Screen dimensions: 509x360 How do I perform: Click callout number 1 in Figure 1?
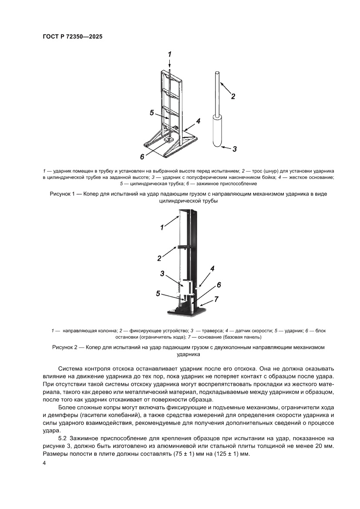[x=170, y=54]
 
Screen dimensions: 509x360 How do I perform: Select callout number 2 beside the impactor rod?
[x=233, y=96]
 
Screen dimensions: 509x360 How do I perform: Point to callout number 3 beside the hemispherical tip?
[x=234, y=149]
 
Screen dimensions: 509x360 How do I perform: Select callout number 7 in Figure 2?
[x=216, y=299]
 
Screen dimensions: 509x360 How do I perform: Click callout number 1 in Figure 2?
[x=161, y=227]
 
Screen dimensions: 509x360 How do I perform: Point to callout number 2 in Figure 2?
[x=159, y=258]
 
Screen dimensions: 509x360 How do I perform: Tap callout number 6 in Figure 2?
[x=219, y=284]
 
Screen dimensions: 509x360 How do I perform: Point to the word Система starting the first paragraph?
[x=71, y=364]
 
